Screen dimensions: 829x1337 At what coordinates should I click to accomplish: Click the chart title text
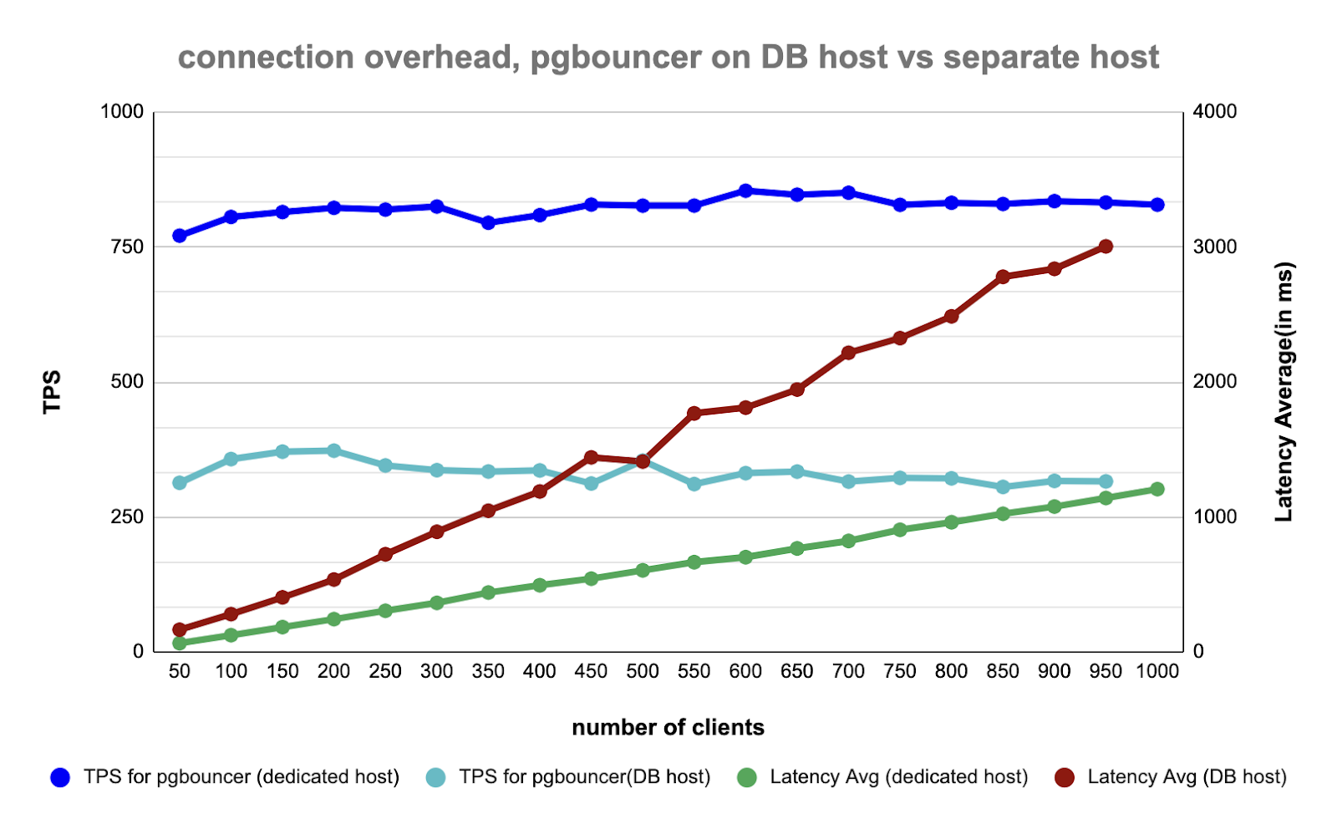[668, 58]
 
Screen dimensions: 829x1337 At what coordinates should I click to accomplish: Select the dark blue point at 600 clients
[745, 191]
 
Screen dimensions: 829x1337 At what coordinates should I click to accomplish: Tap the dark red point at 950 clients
[1106, 247]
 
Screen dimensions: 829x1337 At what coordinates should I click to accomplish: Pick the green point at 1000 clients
[1157, 489]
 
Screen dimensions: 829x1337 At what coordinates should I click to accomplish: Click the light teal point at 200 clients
[333, 450]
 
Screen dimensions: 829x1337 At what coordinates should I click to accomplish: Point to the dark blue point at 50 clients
[180, 236]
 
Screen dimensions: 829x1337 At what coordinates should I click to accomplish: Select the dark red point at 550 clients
[694, 413]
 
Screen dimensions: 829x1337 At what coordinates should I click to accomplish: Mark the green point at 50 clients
[180, 643]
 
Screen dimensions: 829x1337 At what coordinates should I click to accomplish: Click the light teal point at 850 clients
[1003, 486]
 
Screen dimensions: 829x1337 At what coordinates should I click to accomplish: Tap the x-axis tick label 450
[591, 671]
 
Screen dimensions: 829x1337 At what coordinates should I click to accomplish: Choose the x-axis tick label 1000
[1157, 671]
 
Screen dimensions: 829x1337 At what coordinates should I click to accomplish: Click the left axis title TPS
[52, 391]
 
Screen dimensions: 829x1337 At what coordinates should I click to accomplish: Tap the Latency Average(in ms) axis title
[1284, 391]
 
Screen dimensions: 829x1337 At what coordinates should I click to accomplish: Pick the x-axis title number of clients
[668, 727]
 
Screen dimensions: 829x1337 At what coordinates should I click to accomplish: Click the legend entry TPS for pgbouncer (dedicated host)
[241, 776]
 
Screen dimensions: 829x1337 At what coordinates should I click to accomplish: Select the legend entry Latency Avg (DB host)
[1187, 776]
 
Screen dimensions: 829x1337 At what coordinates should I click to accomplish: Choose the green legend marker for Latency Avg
[747, 777]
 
